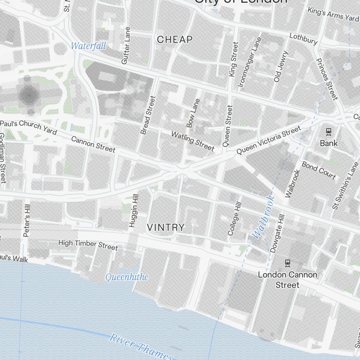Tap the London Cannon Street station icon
coord(287,263)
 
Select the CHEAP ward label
coord(175,40)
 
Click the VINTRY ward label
coord(166,228)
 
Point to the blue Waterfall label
coord(88,46)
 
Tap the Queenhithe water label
coord(126,277)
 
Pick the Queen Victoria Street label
coord(268,140)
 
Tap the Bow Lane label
coord(193,113)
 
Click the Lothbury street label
coord(303,39)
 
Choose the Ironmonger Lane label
coord(249,62)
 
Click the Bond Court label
coord(319,170)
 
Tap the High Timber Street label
coord(88,245)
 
